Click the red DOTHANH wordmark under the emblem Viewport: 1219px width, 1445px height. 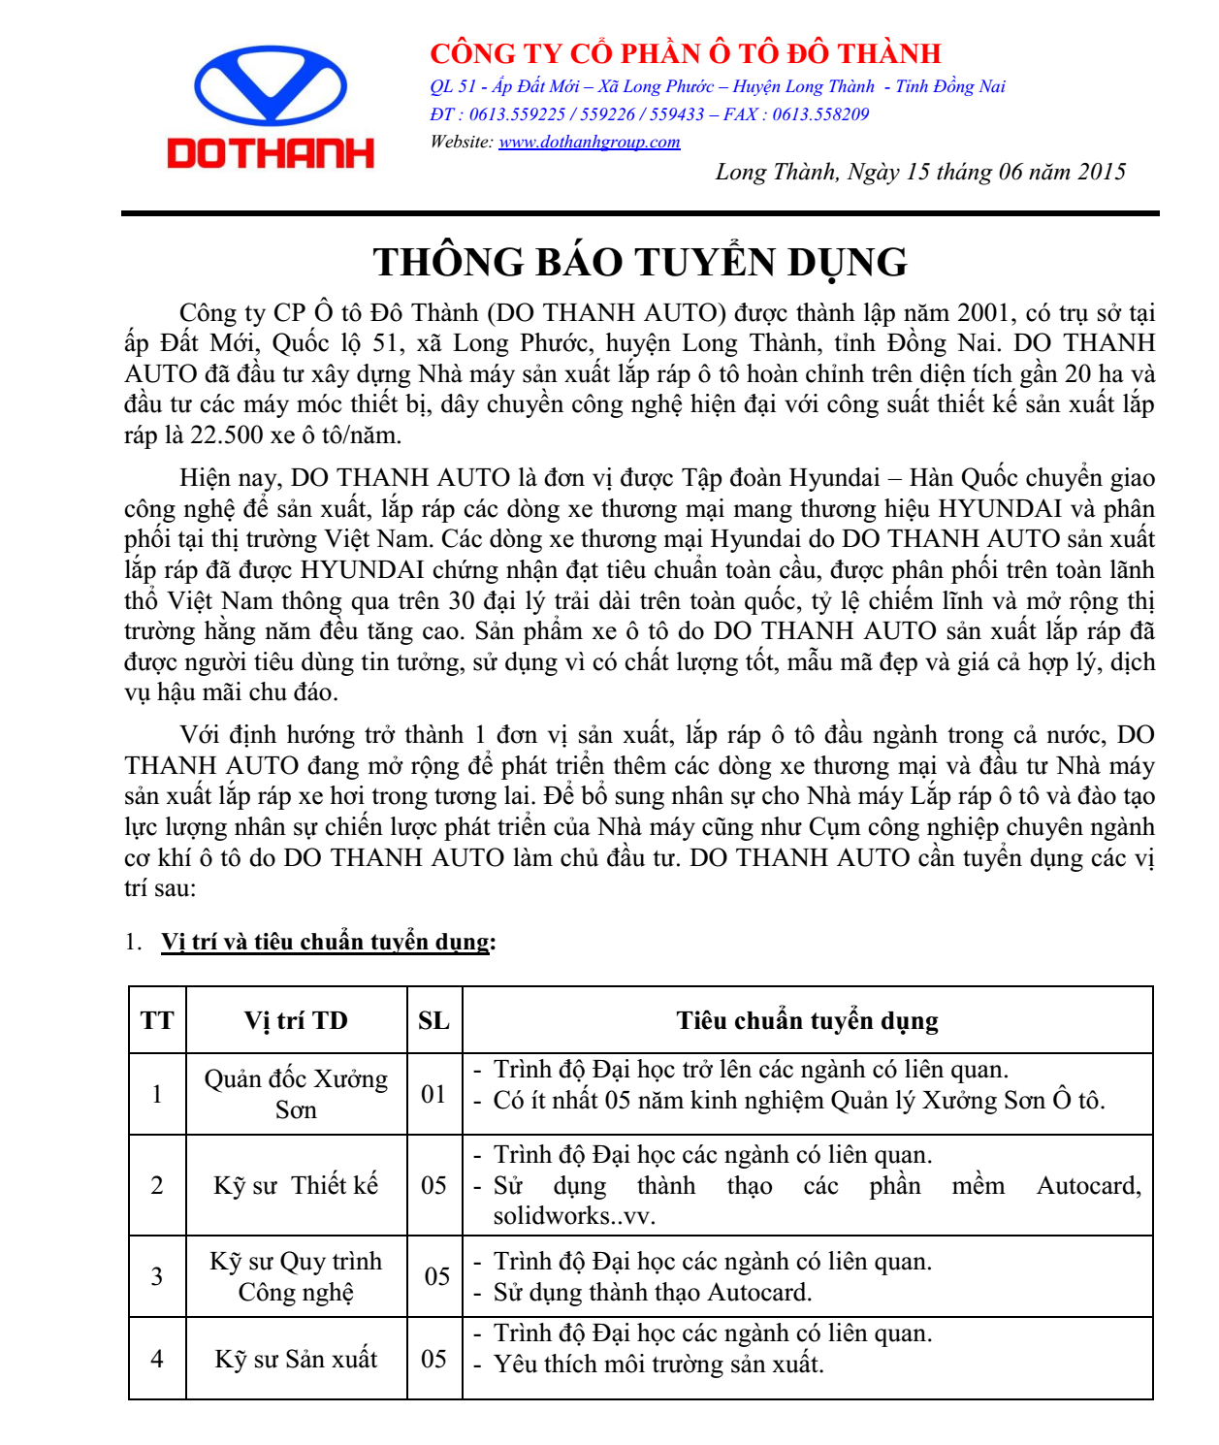pyautogui.click(x=271, y=153)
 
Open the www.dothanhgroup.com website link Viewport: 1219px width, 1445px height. pyautogui.click(x=589, y=143)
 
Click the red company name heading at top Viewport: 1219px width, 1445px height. pyautogui.click(x=685, y=53)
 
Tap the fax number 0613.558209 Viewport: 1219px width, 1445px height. pyautogui.click(x=820, y=114)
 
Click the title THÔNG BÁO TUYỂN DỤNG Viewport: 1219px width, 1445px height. pyautogui.click(x=640, y=262)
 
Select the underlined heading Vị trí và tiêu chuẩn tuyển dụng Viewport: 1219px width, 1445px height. pyautogui.click(x=326, y=942)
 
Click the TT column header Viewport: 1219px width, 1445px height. pyautogui.click(x=157, y=1020)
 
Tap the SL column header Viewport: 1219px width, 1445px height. pyautogui.click(x=433, y=1020)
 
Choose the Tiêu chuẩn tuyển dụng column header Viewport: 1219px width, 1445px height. pyautogui.click(x=807, y=1020)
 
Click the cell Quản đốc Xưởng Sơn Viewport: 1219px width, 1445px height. pyautogui.click(x=296, y=1094)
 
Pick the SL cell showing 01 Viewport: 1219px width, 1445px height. pyautogui.click(x=433, y=1094)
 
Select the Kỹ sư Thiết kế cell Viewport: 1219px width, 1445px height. pyautogui.click(x=296, y=1185)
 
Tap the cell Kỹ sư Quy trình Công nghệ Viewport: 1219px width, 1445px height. pyautogui.click(x=296, y=1276)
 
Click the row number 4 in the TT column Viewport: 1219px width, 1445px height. pyautogui.click(x=157, y=1359)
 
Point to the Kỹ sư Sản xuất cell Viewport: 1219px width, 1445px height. pyautogui.click(x=296, y=1359)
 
